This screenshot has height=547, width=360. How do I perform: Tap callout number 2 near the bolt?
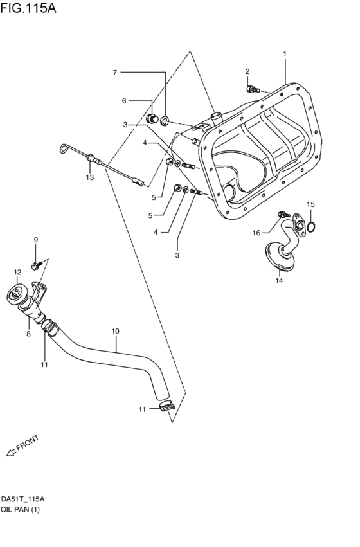click(248, 71)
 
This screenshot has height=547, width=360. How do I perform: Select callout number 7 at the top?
click(115, 73)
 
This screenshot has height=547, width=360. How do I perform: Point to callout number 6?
click(125, 100)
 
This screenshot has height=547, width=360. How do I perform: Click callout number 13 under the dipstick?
click(90, 177)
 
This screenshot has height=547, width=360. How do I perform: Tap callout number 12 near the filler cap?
click(17, 272)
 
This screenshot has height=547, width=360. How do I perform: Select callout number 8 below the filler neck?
click(28, 334)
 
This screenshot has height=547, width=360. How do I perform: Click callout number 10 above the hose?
click(115, 332)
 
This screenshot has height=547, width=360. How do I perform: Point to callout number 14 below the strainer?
click(279, 280)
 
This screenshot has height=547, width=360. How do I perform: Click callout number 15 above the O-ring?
click(310, 204)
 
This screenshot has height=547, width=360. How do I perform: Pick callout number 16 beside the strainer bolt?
click(256, 233)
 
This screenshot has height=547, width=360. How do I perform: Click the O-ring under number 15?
click(311, 226)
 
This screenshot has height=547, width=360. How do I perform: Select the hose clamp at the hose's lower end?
click(166, 406)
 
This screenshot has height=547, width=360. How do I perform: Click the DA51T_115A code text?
click(22, 498)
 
